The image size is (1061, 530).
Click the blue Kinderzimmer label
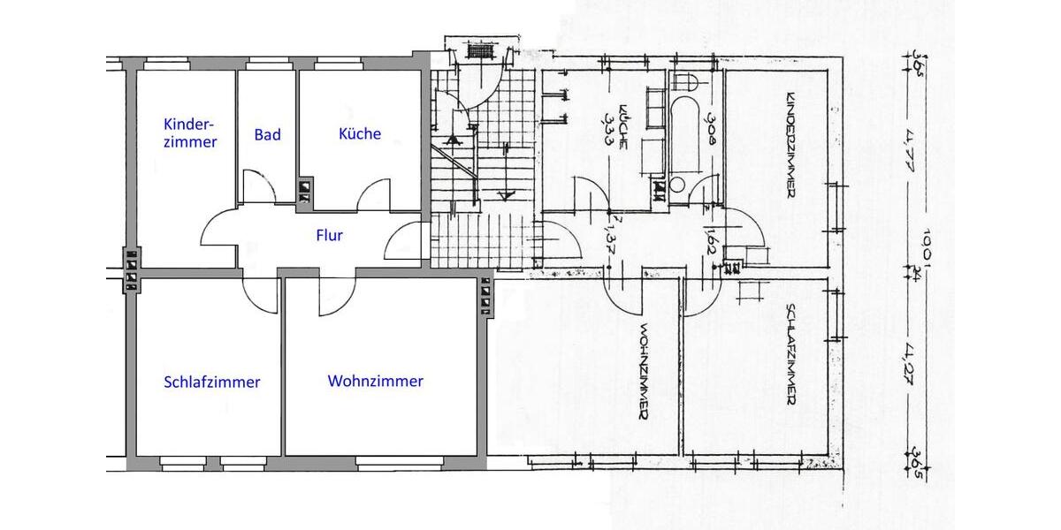click(190, 132)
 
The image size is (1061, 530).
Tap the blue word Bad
click(267, 134)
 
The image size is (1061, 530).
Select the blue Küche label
click(360, 133)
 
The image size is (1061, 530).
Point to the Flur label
click(329, 236)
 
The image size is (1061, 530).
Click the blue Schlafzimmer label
click(212, 382)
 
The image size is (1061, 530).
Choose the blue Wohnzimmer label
click(375, 382)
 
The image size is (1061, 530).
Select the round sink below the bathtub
click(677, 185)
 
